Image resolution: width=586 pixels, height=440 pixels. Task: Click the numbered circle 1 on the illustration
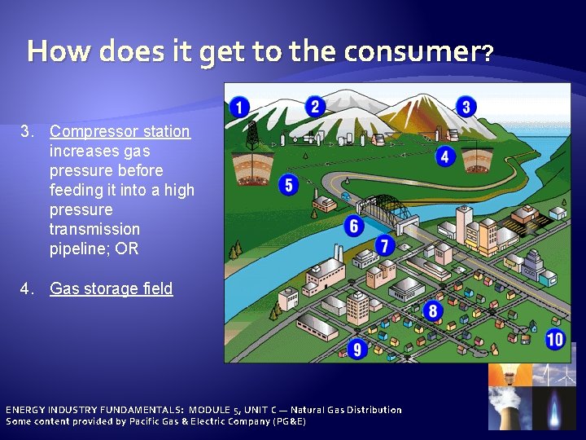[239, 106]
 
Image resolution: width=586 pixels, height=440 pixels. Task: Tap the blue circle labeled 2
[315, 106]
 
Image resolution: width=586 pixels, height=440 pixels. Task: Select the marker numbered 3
[466, 106]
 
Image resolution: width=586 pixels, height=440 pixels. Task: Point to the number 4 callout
[444, 156]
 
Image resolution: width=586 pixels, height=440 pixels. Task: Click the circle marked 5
[287, 184]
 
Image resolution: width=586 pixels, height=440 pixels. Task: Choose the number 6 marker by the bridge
[353, 225]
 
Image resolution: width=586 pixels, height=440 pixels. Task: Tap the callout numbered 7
[384, 244]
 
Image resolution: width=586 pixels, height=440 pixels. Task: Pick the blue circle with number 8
[433, 310]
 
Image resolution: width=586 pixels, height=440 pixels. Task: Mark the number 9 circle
[356, 350]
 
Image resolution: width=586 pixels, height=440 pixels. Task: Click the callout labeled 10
[555, 339]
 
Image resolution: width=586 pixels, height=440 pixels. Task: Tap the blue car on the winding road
[346, 196]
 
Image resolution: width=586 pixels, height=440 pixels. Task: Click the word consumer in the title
[412, 52]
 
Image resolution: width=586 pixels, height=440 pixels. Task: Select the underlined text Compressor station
[120, 131]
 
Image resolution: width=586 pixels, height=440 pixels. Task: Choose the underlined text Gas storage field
[111, 288]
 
